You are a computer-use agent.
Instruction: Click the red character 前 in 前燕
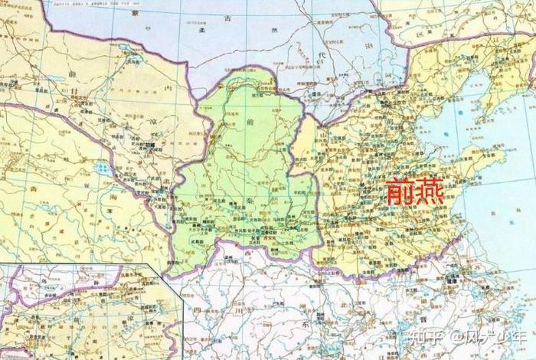397,191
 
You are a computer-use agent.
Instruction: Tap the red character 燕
433,191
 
